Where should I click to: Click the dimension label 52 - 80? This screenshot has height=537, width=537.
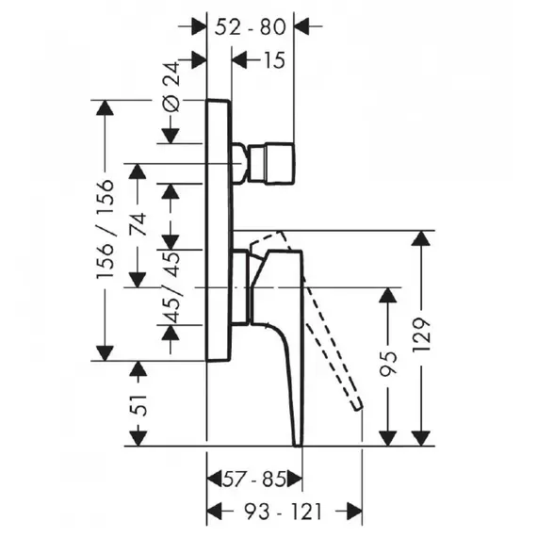click(x=250, y=27)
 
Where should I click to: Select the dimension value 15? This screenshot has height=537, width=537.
click(x=274, y=60)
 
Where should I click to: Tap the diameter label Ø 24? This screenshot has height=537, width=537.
click(x=171, y=87)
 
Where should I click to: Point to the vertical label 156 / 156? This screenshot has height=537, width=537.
click(x=105, y=229)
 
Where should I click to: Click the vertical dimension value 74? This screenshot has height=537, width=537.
click(x=138, y=224)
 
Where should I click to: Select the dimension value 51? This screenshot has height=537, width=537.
click(x=138, y=405)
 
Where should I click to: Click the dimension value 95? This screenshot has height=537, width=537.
click(x=389, y=364)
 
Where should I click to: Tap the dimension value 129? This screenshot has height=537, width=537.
click(x=421, y=335)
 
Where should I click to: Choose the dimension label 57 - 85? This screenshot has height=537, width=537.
click(x=254, y=480)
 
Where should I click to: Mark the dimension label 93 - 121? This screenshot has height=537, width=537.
click(x=283, y=512)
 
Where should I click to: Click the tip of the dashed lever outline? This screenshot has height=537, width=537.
click(x=357, y=406)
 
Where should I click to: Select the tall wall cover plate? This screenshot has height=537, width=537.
click(x=220, y=230)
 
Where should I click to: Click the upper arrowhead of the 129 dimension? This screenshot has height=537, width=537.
click(x=421, y=238)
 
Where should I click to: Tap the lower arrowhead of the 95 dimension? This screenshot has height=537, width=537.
click(x=388, y=439)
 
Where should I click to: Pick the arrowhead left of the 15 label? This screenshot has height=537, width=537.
click(x=239, y=60)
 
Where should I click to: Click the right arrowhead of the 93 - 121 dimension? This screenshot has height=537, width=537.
click(x=354, y=512)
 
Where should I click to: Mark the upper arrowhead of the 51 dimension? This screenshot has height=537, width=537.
click(x=138, y=368)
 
